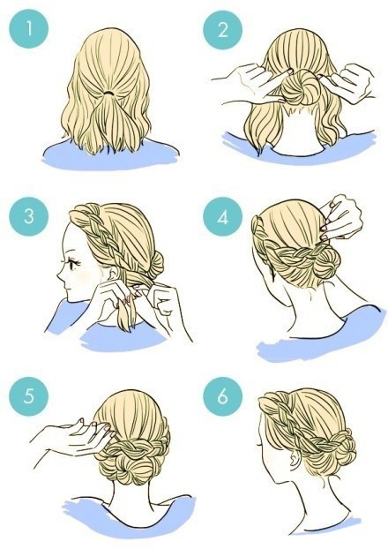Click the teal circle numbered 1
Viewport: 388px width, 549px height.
click(29, 29)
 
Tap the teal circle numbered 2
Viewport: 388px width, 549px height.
click(222, 29)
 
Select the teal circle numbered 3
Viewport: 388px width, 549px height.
click(29, 216)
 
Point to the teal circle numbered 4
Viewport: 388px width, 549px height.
click(222, 216)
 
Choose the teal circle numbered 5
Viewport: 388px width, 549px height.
click(29, 396)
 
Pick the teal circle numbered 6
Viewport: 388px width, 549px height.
click(222, 396)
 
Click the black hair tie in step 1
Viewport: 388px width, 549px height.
click(110, 94)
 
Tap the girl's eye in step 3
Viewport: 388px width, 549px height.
click(73, 264)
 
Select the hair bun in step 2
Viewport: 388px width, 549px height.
click(298, 86)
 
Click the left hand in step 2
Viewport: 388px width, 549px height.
click(253, 83)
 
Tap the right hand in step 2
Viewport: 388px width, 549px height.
click(346, 81)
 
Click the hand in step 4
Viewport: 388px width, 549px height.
click(340, 217)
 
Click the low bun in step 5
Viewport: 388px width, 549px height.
click(132, 469)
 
